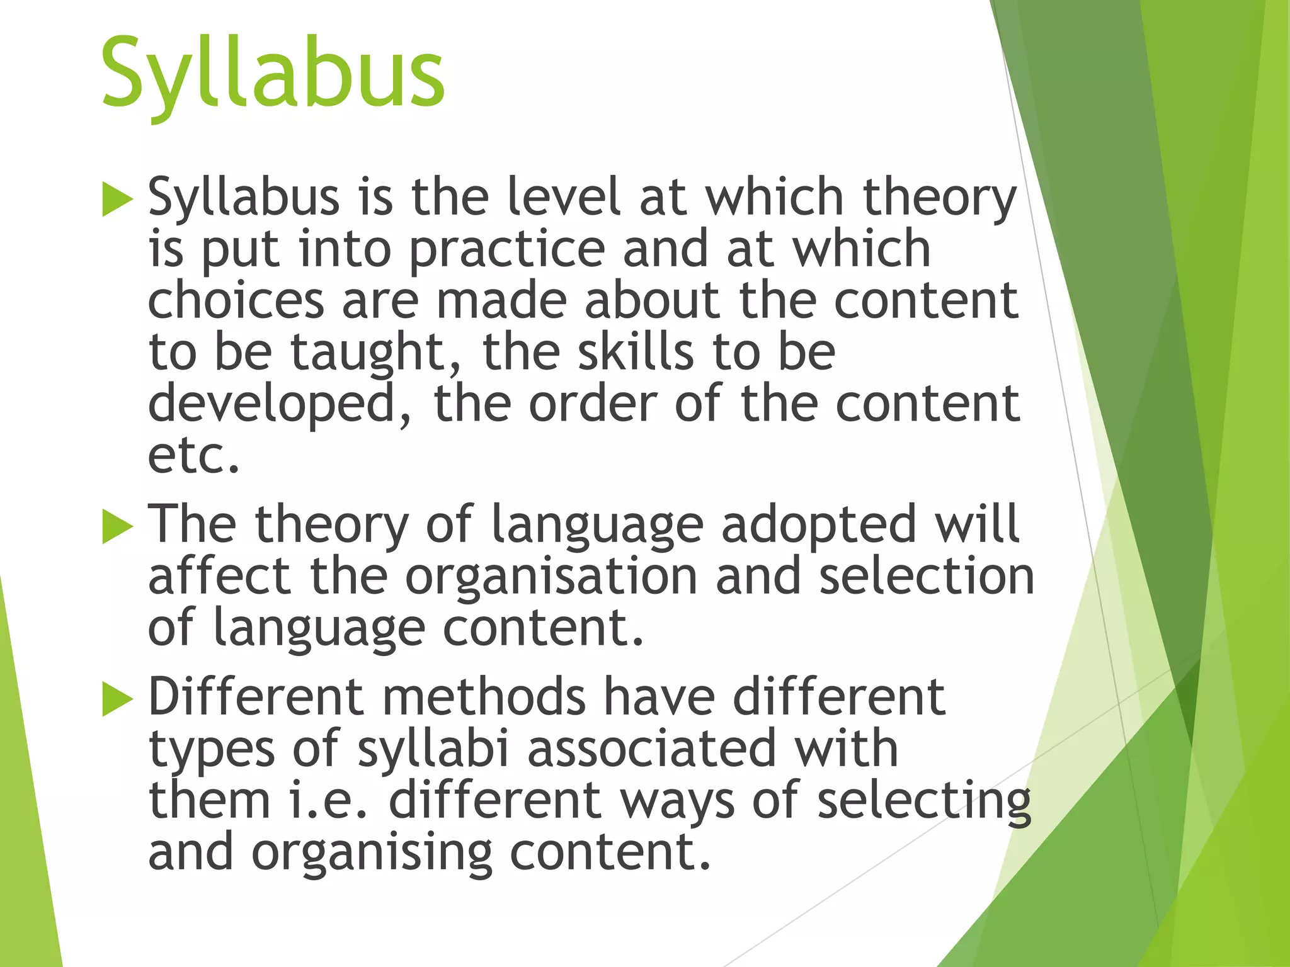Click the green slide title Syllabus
[x=272, y=74]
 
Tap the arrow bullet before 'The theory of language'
[x=117, y=526]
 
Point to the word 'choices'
[x=236, y=301]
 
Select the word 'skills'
[x=636, y=353]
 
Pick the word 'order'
[x=593, y=404]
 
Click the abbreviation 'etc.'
[x=193, y=456]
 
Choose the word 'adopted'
[x=818, y=526]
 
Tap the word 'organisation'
[x=551, y=578]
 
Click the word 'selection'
[x=926, y=577]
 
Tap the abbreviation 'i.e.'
[x=328, y=801]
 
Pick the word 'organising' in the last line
[x=372, y=854]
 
